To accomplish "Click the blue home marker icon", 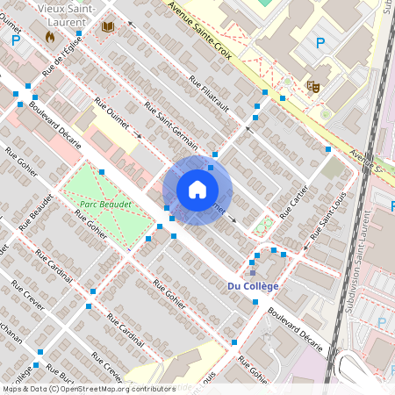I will [x=197, y=190].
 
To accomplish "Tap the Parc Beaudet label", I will [x=105, y=204].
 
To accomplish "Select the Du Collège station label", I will [x=253, y=286].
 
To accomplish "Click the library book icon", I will [x=108, y=28].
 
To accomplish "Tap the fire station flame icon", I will [x=49, y=38].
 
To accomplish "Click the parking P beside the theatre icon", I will [x=320, y=42].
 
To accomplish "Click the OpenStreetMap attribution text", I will [x=88, y=389].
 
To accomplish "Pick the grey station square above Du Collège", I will [x=252, y=273].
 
